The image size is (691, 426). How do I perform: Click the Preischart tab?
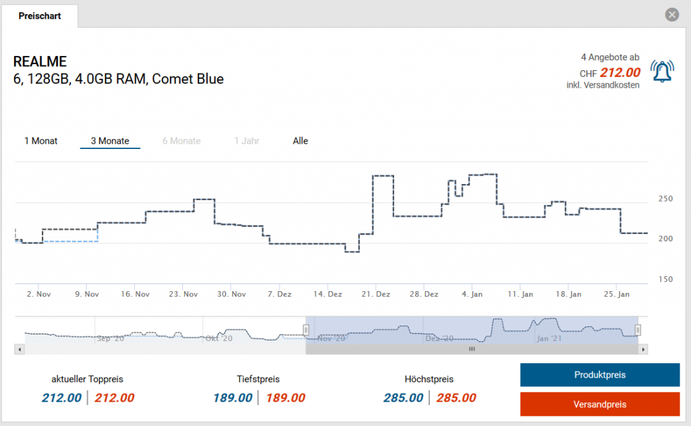[x=40, y=16]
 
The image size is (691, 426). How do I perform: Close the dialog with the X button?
[x=671, y=15]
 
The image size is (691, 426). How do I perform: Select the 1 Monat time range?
[x=41, y=141]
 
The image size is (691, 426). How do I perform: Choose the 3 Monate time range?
[x=110, y=141]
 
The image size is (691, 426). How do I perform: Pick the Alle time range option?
[x=300, y=141]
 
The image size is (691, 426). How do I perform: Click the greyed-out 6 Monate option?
[x=182, y=141]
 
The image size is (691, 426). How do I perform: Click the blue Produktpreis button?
[x=599, y=375]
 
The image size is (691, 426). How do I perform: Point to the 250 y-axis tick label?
[x=665, y=199]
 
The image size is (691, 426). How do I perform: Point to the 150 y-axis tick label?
[x=665, y=279]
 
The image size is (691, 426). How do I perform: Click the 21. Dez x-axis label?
[x=376, y=295]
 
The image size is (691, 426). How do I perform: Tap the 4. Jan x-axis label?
[x=472, y=295]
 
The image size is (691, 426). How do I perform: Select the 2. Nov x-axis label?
[x=39, y=295]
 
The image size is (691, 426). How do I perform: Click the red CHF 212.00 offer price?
[x=620, y=73]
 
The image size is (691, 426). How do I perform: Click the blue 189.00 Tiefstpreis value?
[x=233, y=398]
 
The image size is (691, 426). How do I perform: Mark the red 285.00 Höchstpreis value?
[x=455, y=398]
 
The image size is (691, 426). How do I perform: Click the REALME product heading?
[x=40, y=62]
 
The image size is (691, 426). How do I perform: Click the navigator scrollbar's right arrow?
[x=644, y=349]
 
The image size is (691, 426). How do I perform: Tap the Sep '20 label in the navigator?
[x=111, y=338]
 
